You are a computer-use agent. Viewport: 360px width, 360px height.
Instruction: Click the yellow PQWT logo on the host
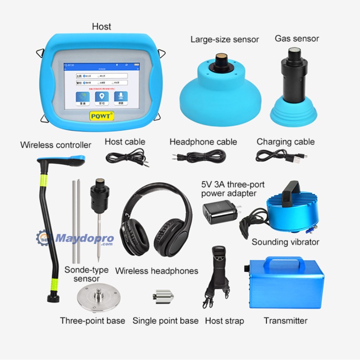tap(102, 116)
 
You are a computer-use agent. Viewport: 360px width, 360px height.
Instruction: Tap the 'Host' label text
tap(101, 27)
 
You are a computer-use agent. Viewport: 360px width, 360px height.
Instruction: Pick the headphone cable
tap(198, 157)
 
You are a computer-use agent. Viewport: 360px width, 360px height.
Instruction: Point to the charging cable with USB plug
tap(282, 156)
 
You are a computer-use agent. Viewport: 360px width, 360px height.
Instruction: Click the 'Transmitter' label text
tap(285, 321)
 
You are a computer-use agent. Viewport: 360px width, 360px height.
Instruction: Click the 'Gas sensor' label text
tap(297, 39)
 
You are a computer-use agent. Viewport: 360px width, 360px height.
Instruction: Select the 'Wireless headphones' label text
tap(157, 271)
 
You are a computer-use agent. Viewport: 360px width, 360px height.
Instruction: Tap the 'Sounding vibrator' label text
tap(285, 242)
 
